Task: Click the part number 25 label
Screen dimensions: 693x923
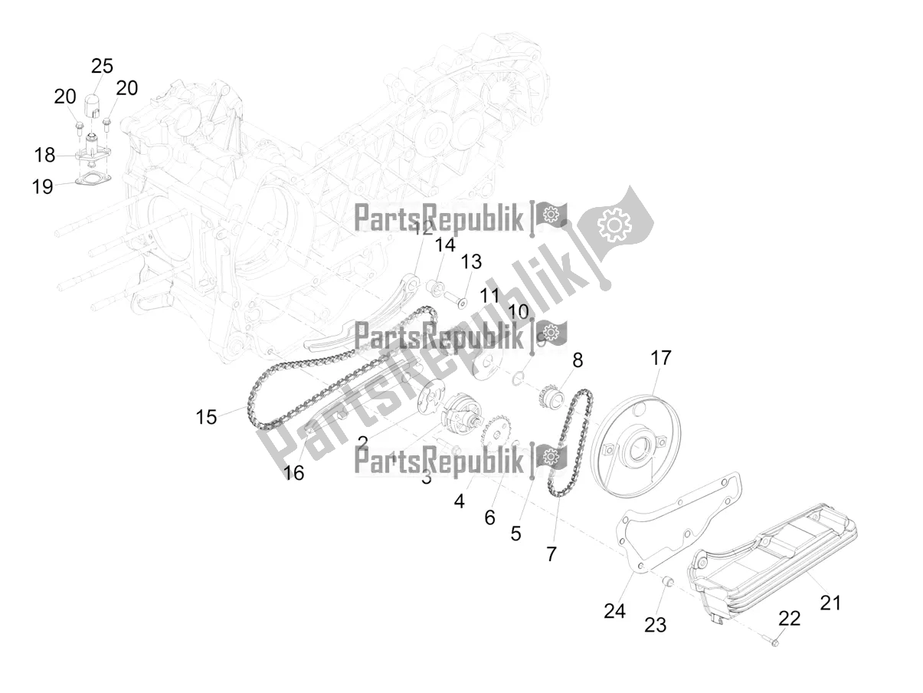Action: [102, 66]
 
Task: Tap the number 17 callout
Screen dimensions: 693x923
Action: [660, 358]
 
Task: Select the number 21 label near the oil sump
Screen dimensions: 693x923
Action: [830, 603]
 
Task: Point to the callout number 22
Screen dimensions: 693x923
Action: [789, 619]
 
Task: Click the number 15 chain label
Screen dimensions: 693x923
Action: [206, 417]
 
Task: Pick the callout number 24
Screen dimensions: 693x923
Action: [614, 611]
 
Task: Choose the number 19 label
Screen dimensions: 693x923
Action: [42, 186]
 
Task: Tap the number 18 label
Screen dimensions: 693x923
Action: [44, 155]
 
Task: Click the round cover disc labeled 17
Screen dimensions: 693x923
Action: [632, 445]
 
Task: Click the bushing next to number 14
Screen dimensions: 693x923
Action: [435, 288]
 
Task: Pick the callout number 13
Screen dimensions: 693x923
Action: [471, 262]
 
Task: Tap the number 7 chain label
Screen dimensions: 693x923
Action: [552, 553]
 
